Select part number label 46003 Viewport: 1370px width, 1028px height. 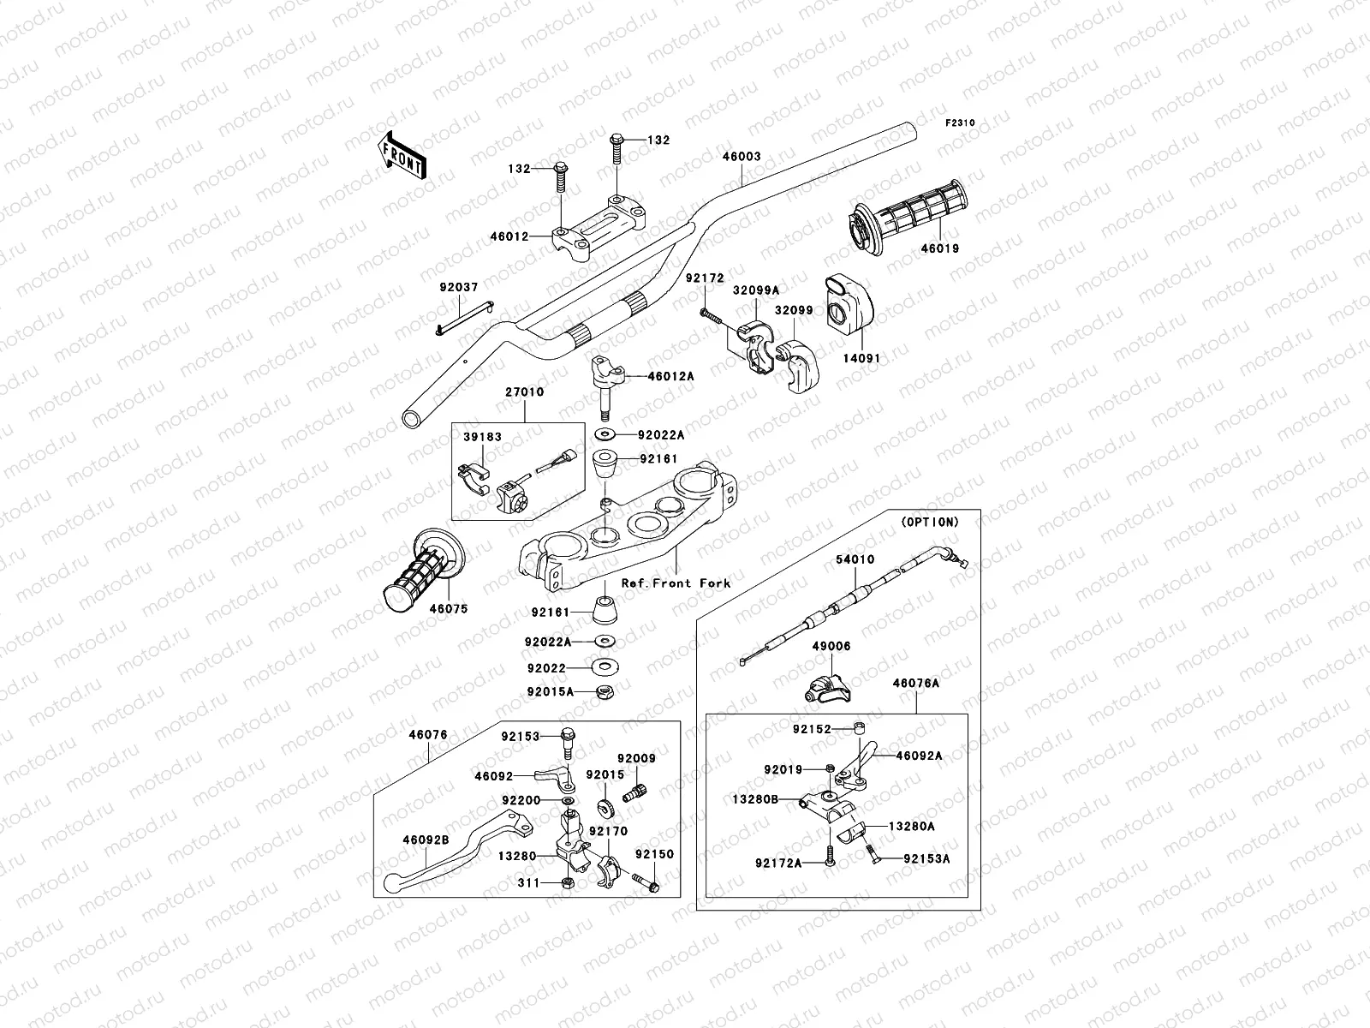[x=742, y=158]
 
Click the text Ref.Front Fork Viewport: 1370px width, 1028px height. [x=676, y=583]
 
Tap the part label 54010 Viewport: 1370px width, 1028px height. [x=855, y=559]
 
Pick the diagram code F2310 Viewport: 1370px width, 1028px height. [x=960, y=123]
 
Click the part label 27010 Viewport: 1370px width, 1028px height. [x=524, y=392]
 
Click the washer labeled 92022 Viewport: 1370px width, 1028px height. [x=605, y=667]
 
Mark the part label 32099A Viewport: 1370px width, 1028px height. [x=755, y=290]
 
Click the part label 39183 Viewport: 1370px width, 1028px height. [x=483, y=437]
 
